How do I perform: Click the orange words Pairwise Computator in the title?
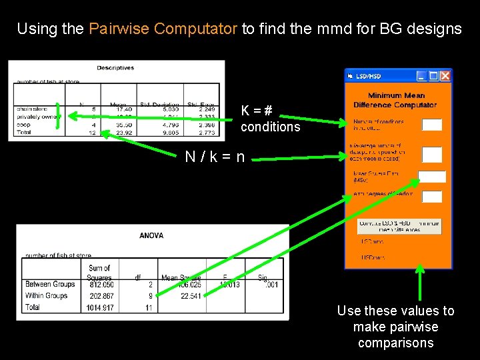163,29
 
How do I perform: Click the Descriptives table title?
115,67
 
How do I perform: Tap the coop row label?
25,125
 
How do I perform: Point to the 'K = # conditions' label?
270,119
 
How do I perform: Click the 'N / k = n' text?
215,158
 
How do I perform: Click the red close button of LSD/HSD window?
445,76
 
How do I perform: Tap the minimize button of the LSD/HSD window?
421,76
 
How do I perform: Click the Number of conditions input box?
432,125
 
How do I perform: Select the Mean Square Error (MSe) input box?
432,177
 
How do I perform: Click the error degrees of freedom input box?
432,196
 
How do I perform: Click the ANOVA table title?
151,235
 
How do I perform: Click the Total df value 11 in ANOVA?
149,307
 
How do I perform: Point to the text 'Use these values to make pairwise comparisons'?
395,327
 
